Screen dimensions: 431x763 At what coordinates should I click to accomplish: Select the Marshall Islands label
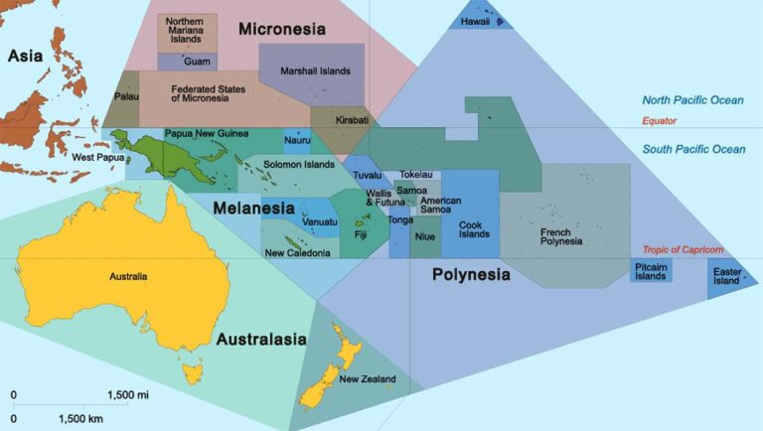pyautogui.click(x=315, y=72)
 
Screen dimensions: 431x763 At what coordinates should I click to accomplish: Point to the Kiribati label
pyautogui.click(x=353, y=120)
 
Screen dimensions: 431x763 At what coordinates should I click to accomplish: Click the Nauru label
pyautogui.click(x=297, y=140)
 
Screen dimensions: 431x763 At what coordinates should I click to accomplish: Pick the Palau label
pyautogui.click(x=125, y=98)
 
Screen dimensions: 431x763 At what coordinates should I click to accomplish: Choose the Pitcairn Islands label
pyautogui.click(x=651, y=270)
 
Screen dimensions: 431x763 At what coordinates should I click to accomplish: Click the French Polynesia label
pyautogui.click(x=561, y=236)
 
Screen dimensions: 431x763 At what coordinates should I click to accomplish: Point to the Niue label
pyautogui.click(x=425, y=236)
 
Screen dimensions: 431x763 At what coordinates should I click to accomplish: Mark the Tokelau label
pyautogui.click(x=416, y=175)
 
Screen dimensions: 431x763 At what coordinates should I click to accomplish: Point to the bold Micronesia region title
pyautogui.click(x=282, y=30)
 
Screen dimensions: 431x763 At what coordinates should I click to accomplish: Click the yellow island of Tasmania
pyautogui.click(x=191, y=373)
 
